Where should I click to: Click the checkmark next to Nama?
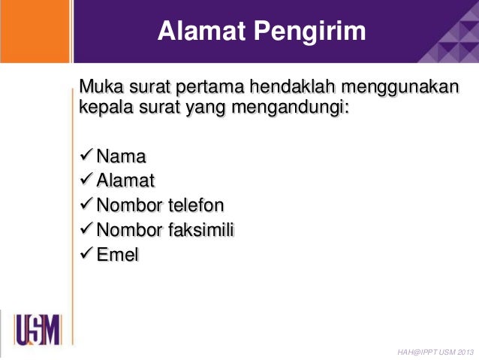pos(86,156)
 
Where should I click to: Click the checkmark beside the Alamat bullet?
pos(86,180)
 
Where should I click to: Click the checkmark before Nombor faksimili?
pos(86,229)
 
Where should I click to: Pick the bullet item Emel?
pos(118,255)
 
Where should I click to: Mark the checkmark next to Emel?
pos(86,254)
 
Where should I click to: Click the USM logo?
pos(38,331)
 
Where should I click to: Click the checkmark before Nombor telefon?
pos(86,204)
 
